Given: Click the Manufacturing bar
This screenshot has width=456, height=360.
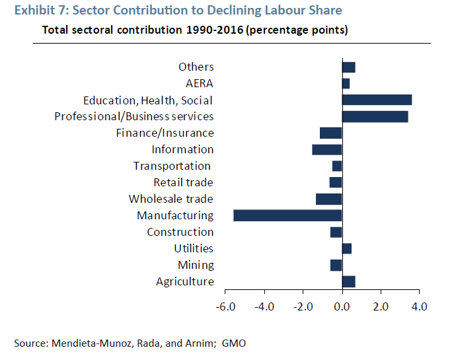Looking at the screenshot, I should click(287, 215).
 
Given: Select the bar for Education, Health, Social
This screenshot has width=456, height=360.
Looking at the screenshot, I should click(377, 100).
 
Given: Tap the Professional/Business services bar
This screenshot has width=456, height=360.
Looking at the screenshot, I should click(375, 116).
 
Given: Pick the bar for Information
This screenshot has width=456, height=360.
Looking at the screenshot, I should click(326, 149).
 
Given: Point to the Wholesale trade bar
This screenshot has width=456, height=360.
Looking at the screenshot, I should click(328, 199).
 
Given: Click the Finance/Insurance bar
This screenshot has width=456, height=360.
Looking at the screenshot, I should click(330, 133).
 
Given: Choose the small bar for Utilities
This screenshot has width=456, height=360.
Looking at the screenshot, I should click(347, 248).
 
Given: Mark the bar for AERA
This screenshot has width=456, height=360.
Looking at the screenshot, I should click(346, 83).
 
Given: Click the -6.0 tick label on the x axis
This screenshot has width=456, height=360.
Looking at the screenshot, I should click(225, 306).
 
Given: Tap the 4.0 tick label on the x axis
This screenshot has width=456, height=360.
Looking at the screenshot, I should click(419, 306).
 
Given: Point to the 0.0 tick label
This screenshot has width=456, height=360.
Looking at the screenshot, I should click(342, 306).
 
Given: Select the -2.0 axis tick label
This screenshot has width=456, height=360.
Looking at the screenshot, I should click(303, 306).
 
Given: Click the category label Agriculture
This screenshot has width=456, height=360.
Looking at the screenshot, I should click(185, 282).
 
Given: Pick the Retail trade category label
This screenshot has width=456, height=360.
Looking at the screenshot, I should click(183, 182).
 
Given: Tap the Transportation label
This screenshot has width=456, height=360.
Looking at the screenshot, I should click(172, 166).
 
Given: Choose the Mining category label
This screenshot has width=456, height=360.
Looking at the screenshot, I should click(196, 265).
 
